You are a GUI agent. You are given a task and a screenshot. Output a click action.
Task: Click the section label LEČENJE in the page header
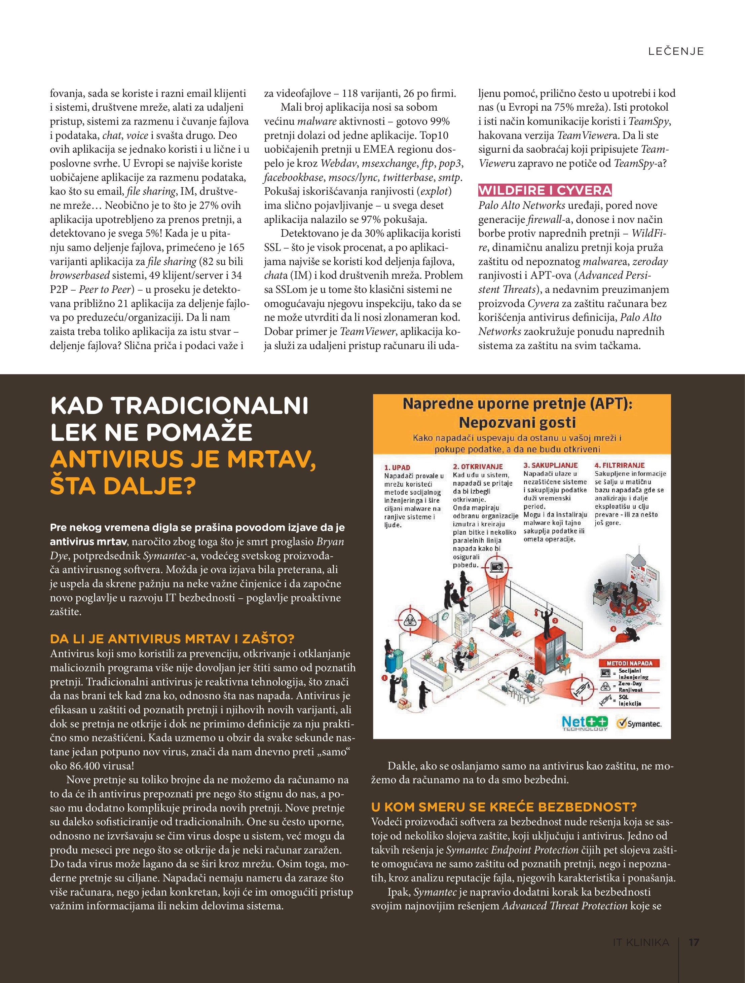click(676, 51)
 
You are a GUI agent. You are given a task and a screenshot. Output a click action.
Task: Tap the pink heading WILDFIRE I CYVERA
click(545, 191)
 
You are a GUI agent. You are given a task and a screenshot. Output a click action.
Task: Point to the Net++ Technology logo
click(584, 723)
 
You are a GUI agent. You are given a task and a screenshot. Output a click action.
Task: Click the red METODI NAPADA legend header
click(629, 663)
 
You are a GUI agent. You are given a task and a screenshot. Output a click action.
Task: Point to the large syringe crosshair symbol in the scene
click(581, 690)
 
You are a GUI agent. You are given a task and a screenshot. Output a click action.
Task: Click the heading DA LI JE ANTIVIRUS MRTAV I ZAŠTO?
click(172, 639)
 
